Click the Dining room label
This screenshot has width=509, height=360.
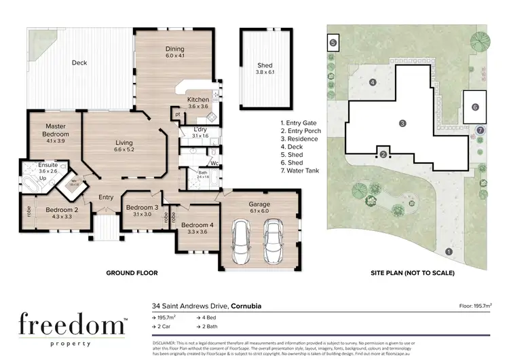point(176,49)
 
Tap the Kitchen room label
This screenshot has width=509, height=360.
point(198,99)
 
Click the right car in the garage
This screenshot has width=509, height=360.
point(274,244)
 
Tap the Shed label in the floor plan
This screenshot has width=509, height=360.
point(265,65)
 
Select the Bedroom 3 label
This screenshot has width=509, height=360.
point(143,207)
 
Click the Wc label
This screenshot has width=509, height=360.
point(214,163)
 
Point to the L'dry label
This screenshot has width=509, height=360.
point(200,130)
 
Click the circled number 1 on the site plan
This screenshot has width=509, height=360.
point(448,251)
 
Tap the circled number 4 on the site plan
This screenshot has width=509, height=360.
point(372,82)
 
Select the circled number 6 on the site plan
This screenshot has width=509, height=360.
point(475,107)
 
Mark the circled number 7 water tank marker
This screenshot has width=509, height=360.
point(480,129)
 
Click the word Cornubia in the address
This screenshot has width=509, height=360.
point(244,306)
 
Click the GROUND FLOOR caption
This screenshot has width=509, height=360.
point(132,273)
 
